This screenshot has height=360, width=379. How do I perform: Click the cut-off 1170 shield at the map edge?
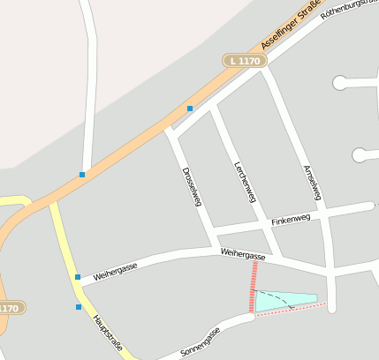click(x=9, y=308)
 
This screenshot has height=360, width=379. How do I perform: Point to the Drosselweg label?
click(x=192, y=186)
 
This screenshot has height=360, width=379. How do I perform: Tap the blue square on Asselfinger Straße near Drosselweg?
click(x=189, y=109)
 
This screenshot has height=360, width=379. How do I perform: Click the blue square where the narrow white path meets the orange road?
click(x=82, y=175)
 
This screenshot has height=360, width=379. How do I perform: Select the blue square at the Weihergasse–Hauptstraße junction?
click(x=78, y=277)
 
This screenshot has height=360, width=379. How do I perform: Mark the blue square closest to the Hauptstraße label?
click(x=79, y=308)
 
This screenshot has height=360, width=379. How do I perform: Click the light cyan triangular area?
click(x=283, y=301)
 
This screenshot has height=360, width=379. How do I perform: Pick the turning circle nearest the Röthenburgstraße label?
click(x=340, y=83)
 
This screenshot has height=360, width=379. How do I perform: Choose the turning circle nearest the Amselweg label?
click(x=360, y=155)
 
